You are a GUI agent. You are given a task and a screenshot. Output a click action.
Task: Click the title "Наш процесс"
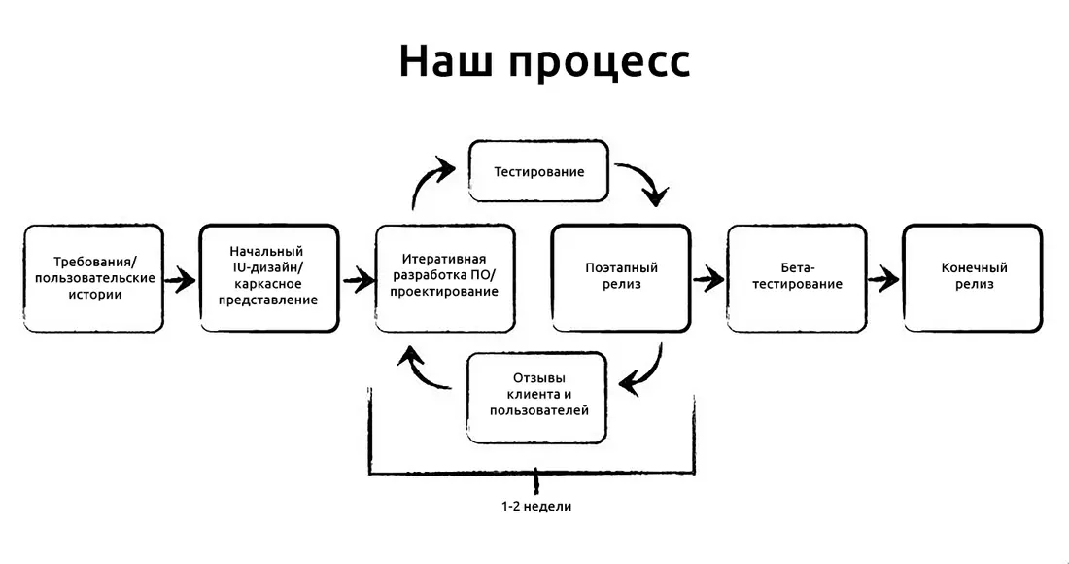click(544, 61)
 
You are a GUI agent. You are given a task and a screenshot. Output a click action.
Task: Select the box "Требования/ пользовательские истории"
click(94, 278)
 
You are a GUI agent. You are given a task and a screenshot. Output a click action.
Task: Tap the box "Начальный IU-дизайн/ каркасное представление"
click(269, 278)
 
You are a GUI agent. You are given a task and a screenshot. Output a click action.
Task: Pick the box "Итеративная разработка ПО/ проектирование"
click(445, 278)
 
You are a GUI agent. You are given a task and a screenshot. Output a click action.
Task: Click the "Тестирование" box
click(538, 171)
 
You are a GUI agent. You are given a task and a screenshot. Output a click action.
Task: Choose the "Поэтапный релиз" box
click(621, 278)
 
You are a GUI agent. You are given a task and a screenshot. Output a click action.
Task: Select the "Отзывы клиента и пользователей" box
click(537, 397)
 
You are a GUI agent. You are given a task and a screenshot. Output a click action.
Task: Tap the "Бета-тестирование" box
click(797, 278)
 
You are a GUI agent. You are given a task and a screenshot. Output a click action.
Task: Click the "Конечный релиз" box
click(973, 278)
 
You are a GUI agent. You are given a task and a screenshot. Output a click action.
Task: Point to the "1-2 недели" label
click(536, 507)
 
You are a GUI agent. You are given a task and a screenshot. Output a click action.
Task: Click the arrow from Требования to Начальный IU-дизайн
click(181, 279)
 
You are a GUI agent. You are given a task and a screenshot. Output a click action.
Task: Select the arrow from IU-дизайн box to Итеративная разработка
click(358, 279)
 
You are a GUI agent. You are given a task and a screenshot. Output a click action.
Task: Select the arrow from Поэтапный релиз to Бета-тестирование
click(709, 279)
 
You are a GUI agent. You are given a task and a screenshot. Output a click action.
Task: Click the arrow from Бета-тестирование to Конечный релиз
click(884, 279)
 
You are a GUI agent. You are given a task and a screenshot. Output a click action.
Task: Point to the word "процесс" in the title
click(600, 64)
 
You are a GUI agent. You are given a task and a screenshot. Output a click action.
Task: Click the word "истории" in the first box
click(95, 295)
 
